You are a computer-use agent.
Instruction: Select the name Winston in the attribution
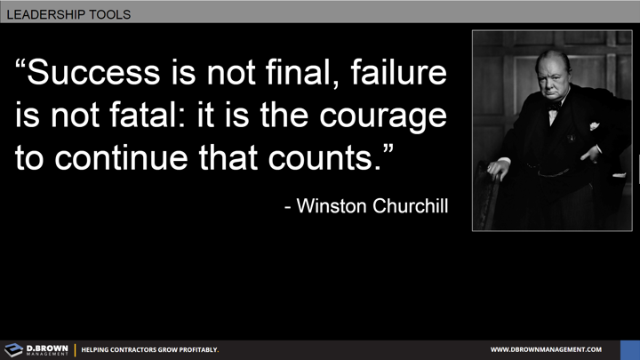tap(331, 206)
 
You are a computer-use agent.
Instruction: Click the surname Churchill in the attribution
tap(407, 206)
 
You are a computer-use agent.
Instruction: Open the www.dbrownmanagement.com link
tap(546, 350)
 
